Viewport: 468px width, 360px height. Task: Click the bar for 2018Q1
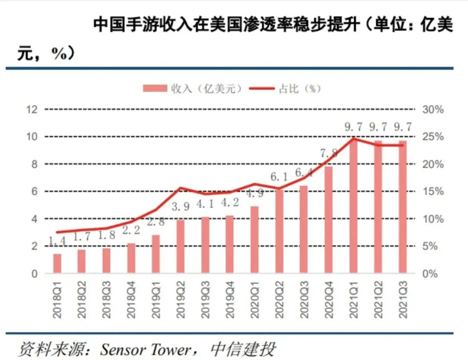pyautogui.click(x=57, y=263)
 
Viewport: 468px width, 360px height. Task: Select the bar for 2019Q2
pyautogui.click(x=181, y=246)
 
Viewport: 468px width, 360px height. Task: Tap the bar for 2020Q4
pyautogui.click(x=329, y=220)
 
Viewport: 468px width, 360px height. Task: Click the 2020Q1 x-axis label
pyautogui.click(x=255, y=299)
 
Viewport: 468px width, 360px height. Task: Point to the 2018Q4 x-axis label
pyautogui.click(x=131, y=299)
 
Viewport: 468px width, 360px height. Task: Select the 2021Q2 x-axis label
pyautogui.click(x=378, y=299)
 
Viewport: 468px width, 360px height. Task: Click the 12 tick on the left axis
pyautogui.click(x=32, y=110)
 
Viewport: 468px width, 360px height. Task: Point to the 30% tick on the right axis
pyautogui.click(x=433, y=110)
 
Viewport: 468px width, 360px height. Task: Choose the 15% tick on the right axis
pyautogui.click(x=433, y=191)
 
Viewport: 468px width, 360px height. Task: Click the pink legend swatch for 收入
pyautogui.click(x=155, y=88)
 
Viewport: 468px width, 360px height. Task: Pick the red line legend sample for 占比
pyautogui.click(x=262, y=88)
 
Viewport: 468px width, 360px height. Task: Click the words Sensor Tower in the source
pyautogui.click(x=145, y=349)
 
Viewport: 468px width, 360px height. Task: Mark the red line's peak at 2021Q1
pyautogui.click(x=354, y=139)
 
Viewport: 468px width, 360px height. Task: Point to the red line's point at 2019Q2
pyautogui.click(x=181, y=188)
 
